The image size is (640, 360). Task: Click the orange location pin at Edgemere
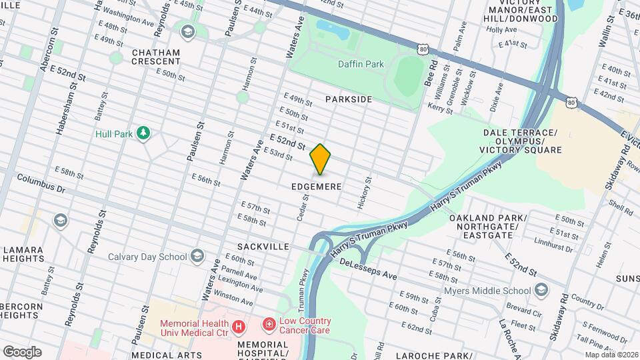[321, 159]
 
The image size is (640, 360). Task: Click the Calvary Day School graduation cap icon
[197, 256]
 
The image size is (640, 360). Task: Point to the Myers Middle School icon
[541, 290]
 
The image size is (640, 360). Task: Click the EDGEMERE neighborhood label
[316, 187]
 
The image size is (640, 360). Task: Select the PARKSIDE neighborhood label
[348, 99]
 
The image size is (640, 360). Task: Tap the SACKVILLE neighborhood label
[266, 247]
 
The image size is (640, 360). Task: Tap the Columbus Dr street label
[41, 184]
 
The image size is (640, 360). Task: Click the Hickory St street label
[364, 193]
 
